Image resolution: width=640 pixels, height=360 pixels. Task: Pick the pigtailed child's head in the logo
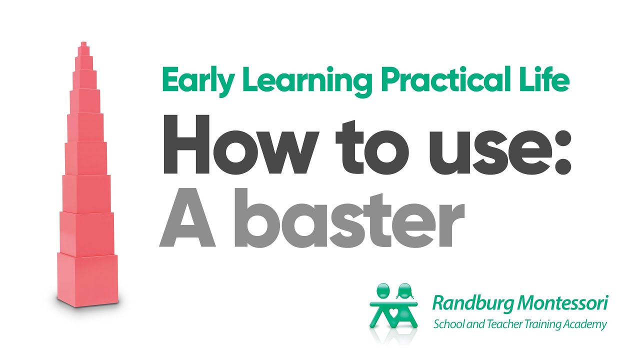403,290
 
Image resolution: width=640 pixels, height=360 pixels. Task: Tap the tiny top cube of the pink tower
83,46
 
